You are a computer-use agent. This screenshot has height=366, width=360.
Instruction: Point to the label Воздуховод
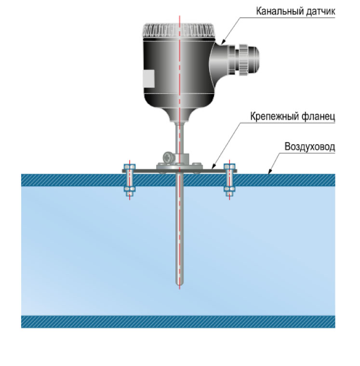pyautogui.click(x=309, y=147)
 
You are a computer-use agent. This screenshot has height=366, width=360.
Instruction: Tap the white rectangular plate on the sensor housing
pyautogui.click(x=148, y=79)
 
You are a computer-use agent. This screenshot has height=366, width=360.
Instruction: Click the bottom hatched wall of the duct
pyautogui.click(x=178, y=321)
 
